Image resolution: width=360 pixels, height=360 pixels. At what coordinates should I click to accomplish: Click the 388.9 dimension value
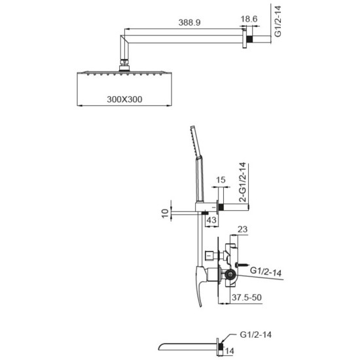click(x=189, y=22)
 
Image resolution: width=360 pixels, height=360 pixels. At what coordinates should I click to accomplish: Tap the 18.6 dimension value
click(x=249, y=19)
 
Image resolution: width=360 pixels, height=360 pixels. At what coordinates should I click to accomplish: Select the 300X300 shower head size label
click(x=124, y=99)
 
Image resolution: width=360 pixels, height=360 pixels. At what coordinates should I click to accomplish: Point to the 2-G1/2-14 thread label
click(x=242, y=182)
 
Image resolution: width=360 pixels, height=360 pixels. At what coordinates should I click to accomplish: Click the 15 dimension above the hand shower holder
click(x=221, y=180)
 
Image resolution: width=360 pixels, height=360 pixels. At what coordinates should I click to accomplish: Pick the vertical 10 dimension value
click(x=165, y=213)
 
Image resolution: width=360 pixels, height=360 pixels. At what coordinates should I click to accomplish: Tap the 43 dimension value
click(x=211, y=220)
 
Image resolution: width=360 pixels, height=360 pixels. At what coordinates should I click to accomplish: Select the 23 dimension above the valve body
click(x=242, y=229)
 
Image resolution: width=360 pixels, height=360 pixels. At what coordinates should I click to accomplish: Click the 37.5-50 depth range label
click(x=247, y=297)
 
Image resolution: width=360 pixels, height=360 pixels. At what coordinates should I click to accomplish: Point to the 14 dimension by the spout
click(x=229, y=351)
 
